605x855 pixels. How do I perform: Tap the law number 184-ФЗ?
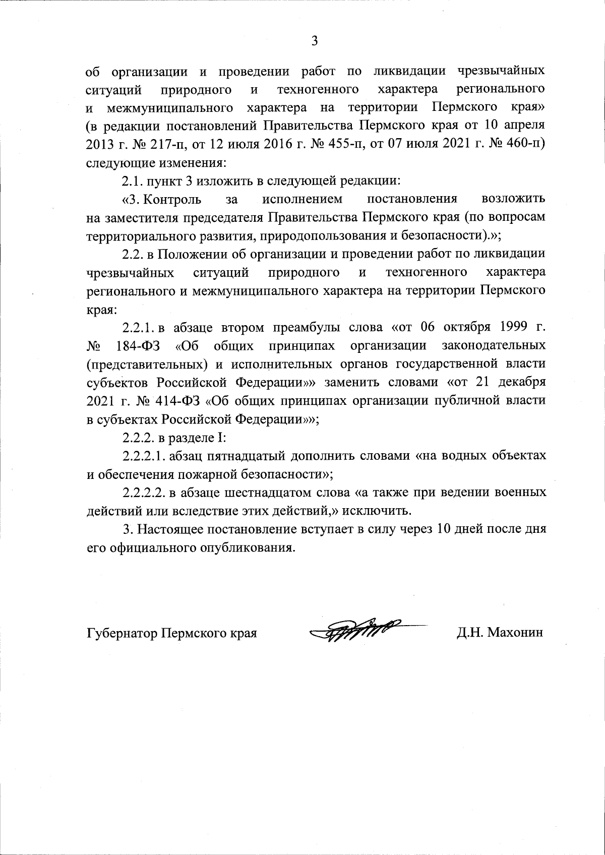(x=135, y=346)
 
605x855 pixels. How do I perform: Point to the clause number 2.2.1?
(x=139, y=328)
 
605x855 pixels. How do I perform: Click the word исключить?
(x=378, y=510)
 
